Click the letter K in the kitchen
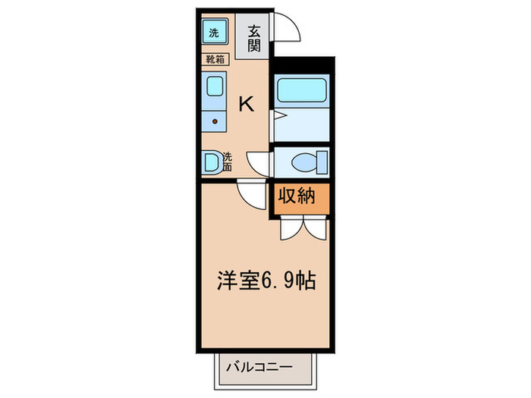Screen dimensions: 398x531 (x=247, y=105)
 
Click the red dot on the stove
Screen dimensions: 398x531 (x=215, y=121)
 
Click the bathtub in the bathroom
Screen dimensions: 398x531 (x=301, y=90)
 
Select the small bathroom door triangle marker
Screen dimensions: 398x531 (x=278, y=115)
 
